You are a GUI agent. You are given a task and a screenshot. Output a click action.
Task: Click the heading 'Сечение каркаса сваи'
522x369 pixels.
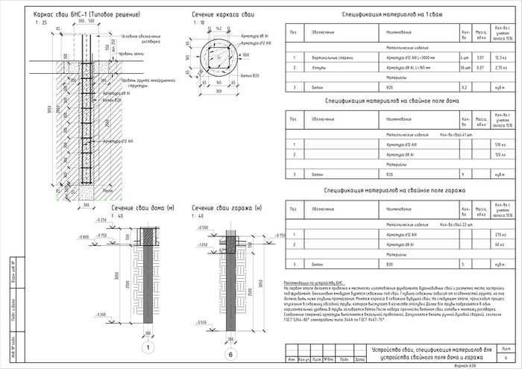pos(223,14)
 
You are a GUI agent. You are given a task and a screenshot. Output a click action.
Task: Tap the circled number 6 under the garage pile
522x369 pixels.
pos(230,353)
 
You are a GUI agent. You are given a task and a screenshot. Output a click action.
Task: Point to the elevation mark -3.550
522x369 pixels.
pos(201,322)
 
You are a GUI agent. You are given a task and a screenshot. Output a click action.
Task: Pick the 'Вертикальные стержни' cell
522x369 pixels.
pos(330,57)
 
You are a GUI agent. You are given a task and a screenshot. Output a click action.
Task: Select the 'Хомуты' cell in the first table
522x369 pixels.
pos(318,67)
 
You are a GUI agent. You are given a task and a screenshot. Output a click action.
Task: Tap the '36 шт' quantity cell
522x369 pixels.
pos(465,67)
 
